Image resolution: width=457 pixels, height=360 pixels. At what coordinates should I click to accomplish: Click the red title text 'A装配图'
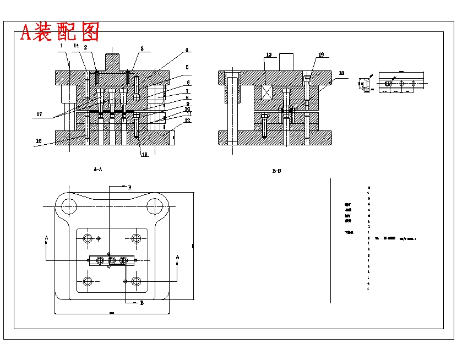[59, 32]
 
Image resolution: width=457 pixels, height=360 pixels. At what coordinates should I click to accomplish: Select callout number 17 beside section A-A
[39, 114]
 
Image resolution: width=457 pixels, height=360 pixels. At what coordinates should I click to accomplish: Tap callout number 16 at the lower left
[39, 141]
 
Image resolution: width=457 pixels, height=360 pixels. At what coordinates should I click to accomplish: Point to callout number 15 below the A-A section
[144, 155]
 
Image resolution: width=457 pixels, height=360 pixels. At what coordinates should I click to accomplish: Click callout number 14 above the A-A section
[76, 46]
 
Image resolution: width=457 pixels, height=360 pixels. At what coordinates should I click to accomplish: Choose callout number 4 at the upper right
[187, 50]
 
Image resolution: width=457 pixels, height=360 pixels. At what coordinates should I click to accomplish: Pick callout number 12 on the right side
[188, 121]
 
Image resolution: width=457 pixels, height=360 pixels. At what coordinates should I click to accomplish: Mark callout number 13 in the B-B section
[269, 55]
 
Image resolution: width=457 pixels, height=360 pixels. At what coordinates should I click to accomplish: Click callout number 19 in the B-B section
[320, 55]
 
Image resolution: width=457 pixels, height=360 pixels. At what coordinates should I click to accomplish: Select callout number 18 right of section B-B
[341, 73]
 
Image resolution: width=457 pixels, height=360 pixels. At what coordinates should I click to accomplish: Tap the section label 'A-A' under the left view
[97, 170]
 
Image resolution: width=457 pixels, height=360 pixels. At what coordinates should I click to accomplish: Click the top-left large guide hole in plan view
[69, 206]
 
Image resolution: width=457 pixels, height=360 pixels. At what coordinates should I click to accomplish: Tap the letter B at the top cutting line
[129, 188]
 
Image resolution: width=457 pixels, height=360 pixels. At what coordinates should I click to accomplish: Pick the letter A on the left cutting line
[46, 238]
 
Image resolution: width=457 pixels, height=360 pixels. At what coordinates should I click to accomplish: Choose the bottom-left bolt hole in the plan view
[88, 282]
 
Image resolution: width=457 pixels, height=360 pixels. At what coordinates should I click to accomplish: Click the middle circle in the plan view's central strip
[112, 260]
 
